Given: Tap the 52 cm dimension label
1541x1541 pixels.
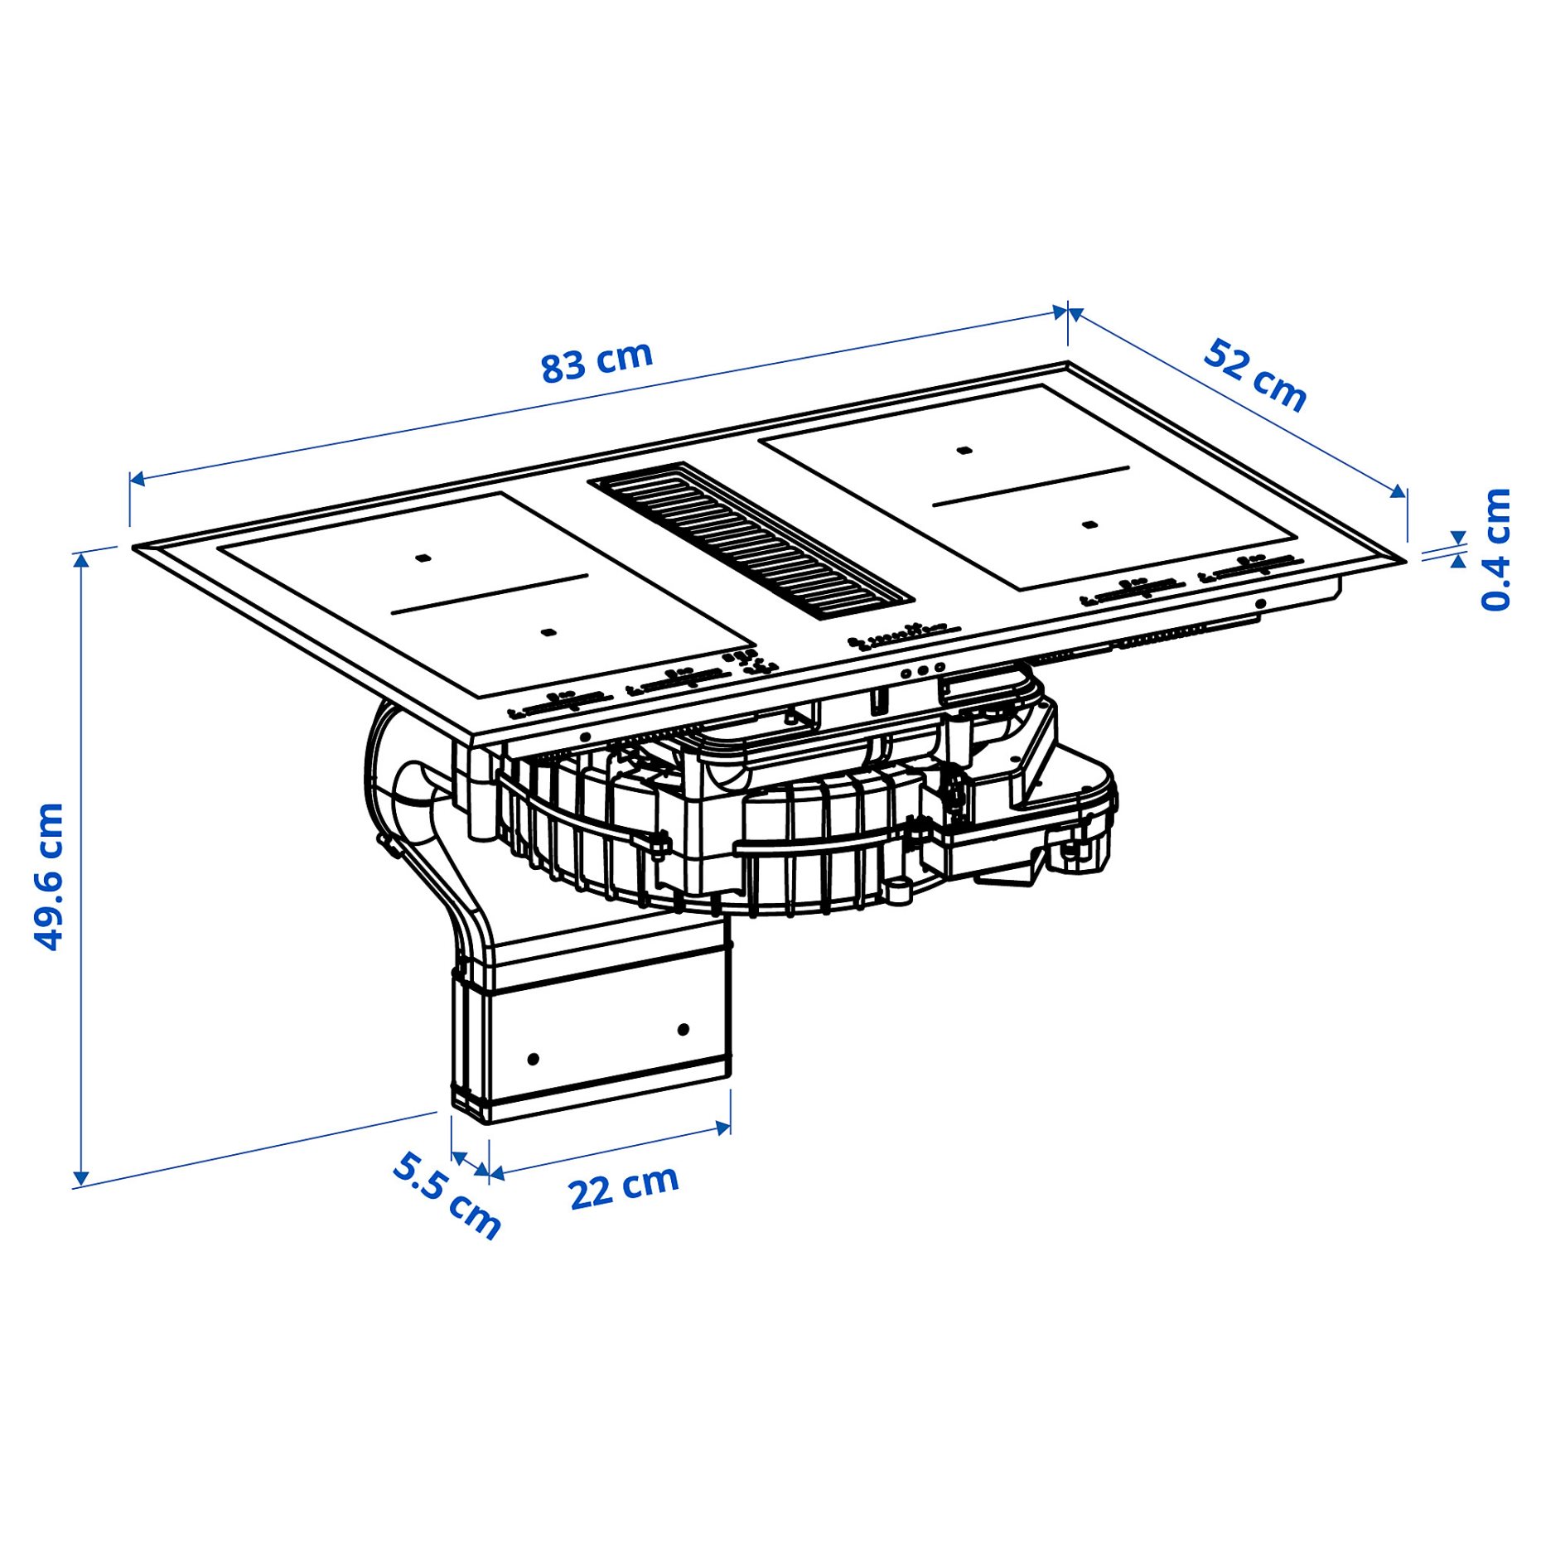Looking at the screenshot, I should (x=1254, y=374).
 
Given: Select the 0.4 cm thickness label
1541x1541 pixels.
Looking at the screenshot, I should (x=1496, y=550).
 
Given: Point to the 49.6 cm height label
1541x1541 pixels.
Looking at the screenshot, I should (x=49, y=876).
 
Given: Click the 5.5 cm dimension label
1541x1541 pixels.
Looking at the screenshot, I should (x=447, y=1196).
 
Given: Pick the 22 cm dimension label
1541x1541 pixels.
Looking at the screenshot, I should (x=623, y=1186).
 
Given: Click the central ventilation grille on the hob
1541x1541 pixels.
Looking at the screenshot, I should (x=751, y=539).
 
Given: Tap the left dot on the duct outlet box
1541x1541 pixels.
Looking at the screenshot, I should (x=533, y=1059).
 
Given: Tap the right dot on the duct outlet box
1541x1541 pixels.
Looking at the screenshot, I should (x=683, y=1030).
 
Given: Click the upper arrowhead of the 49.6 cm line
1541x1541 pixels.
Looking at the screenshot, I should (x=81, y=560).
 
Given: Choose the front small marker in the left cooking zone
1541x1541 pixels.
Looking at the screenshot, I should (x=547, y=633).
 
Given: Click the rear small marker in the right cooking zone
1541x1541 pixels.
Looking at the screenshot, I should (x=963, y=451).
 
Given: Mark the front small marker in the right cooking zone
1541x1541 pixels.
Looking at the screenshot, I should (x=1090, y=524).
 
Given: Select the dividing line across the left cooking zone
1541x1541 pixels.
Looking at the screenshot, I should (x=489, y=593).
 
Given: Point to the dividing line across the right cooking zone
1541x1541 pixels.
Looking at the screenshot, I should (x=1031, y=485).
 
